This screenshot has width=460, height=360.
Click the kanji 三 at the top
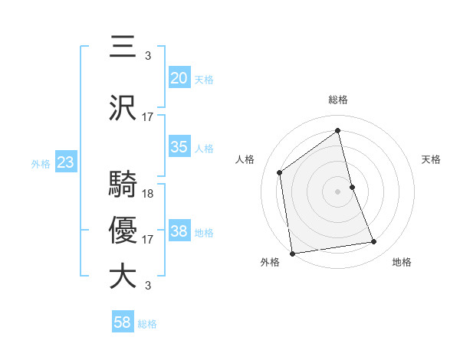coord(123,46)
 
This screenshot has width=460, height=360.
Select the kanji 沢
coord(123,109)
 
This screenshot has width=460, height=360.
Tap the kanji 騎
coord(123,185)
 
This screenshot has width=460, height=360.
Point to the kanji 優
coord(123,231)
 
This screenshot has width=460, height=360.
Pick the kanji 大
coord(123,277)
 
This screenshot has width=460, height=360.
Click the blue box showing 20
coord(179,78)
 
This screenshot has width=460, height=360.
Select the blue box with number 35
coord(179,148)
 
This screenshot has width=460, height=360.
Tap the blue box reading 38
coord(179,231)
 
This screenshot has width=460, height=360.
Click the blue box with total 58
coord(123,322)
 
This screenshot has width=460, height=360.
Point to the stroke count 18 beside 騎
coord(149,193)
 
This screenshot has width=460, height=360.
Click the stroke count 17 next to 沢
coord(148,117)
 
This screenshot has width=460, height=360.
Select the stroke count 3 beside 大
coord(148,286)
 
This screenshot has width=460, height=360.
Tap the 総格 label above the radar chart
coord(338,100)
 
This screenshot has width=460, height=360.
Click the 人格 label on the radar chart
coord(245,159)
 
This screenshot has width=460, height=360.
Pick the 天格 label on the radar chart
coord(432,159)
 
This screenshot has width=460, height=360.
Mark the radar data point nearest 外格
coord(292,253)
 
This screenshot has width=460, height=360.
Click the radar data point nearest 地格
coord(374,242)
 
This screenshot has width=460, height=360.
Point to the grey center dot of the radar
coord(338,191)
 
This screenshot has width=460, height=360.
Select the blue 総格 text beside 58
coord(147,324)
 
